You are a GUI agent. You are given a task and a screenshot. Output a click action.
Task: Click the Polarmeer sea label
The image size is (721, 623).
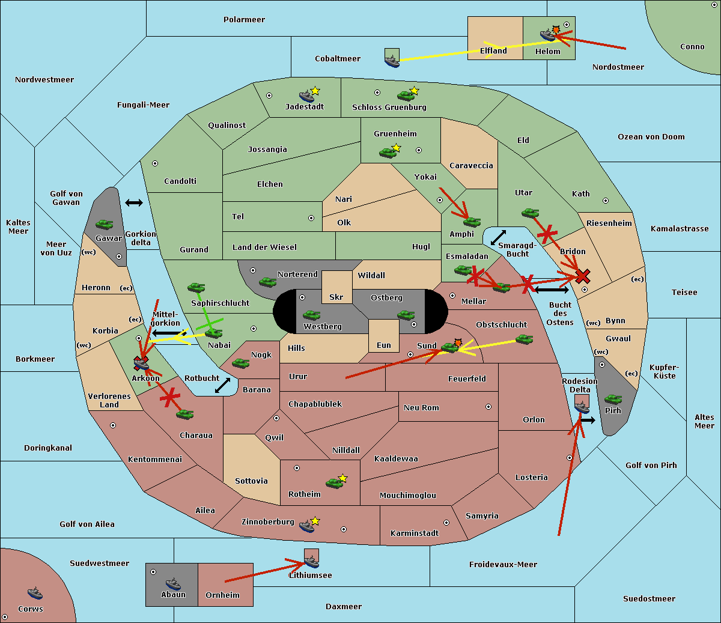pyautogui.click(x=244, y=20)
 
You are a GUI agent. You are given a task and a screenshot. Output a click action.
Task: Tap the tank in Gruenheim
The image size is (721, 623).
pyautogui.click(x=388, y=153)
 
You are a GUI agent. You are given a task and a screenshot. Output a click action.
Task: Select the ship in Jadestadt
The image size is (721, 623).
pyautogui.click(x=306, y=96)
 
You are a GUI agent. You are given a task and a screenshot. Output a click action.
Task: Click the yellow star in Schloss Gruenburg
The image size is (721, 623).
pyautogui.click(x=414, y=91)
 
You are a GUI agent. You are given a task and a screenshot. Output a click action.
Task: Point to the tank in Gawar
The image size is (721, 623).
pyautogui.click(x=104, y=224)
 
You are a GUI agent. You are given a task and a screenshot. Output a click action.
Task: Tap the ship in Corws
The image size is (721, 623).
pyautogui.click(x=35, y=593)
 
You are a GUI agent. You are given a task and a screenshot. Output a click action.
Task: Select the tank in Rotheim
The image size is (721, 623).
pyautogui.click(x=334, y=483)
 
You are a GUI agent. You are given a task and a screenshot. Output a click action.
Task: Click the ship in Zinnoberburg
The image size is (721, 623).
pyautogui.click(x=306, y=526)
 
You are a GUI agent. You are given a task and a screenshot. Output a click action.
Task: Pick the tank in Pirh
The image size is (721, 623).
pyautogui.click(x=613, y=399)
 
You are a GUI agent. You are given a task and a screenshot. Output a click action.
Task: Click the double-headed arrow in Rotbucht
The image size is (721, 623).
pyautogui.click(x=222, y=385)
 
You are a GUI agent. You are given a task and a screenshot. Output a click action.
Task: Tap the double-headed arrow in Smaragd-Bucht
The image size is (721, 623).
pyautogui.click(x=498, y=237)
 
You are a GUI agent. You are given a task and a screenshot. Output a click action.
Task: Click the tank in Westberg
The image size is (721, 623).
pyautogui.click(x=311, y=315)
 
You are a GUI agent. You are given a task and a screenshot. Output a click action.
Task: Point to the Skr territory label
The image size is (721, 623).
pyautogui.click(x=336, y=297)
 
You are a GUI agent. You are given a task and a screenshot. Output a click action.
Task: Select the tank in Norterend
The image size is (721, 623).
pyautogui.click(x=267, y=282)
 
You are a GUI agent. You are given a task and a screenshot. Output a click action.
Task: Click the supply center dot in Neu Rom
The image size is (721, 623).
pyautogui.click(x=488, y=407)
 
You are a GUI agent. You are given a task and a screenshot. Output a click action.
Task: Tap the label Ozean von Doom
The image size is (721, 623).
pyautogui.click(x=651, y=137)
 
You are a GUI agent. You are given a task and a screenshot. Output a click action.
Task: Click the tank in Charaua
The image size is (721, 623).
pyautogui.click(x=184, y=414)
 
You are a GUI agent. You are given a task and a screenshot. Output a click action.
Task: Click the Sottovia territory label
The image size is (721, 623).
pyautogui.click(x=252, y=481)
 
